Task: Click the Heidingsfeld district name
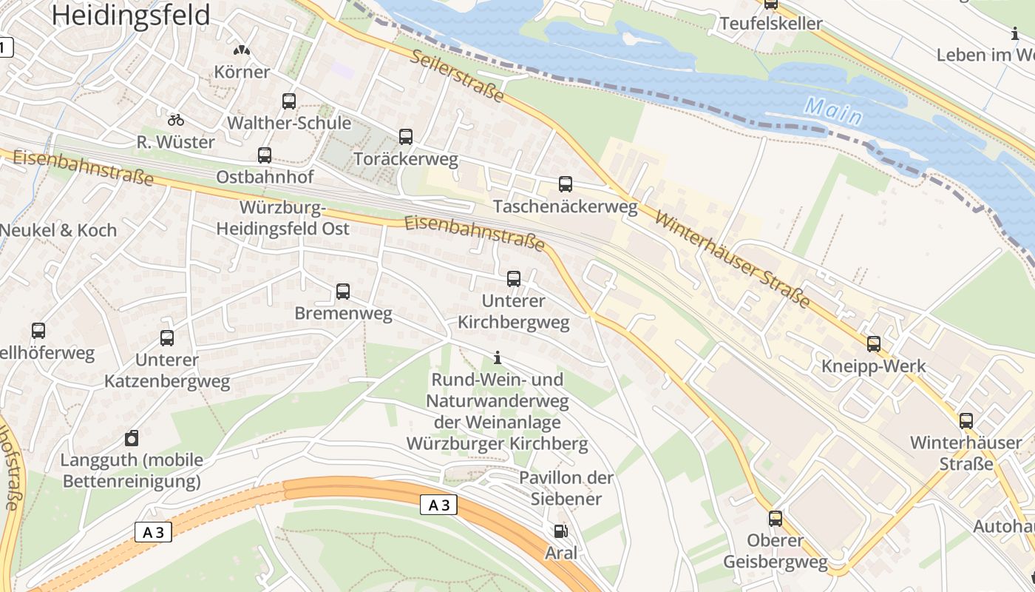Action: (132, 15)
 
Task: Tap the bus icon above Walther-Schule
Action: (289, 101)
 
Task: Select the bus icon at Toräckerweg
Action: (406, 137)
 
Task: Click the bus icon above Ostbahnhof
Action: (265, 155)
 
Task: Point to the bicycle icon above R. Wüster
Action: (176, 119)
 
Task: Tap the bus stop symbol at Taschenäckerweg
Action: (566, 184)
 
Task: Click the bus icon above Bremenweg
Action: (343, 292)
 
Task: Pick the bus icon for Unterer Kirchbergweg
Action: (514, 279)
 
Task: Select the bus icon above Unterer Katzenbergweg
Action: (167, 338)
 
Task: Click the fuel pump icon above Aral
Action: (561, 531)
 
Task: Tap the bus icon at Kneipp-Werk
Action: (874, 344)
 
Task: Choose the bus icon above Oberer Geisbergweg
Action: (776, 519)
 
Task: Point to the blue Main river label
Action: (833, 111)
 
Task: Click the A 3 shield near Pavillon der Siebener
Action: (438, 505)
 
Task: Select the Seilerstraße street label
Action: (458, 76)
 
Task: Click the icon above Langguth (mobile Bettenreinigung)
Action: (132, 437)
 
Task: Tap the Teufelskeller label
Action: (771, 24)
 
